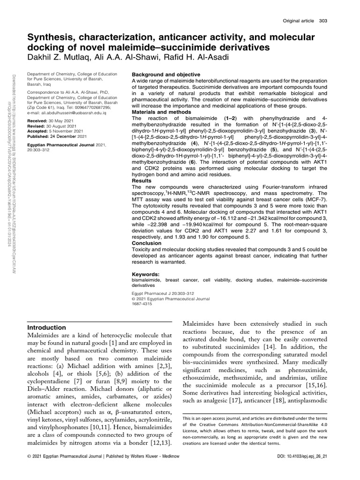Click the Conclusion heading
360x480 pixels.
click(x=147, y=244)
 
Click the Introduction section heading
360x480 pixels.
click(x=47, y=328)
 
